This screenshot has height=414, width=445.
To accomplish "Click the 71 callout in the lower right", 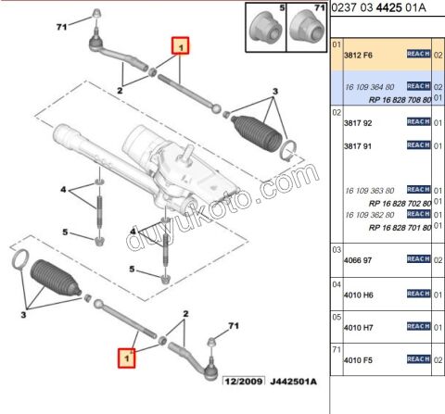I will [x=234, y=326].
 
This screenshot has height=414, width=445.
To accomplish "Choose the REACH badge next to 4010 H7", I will [x=419, y=326].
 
